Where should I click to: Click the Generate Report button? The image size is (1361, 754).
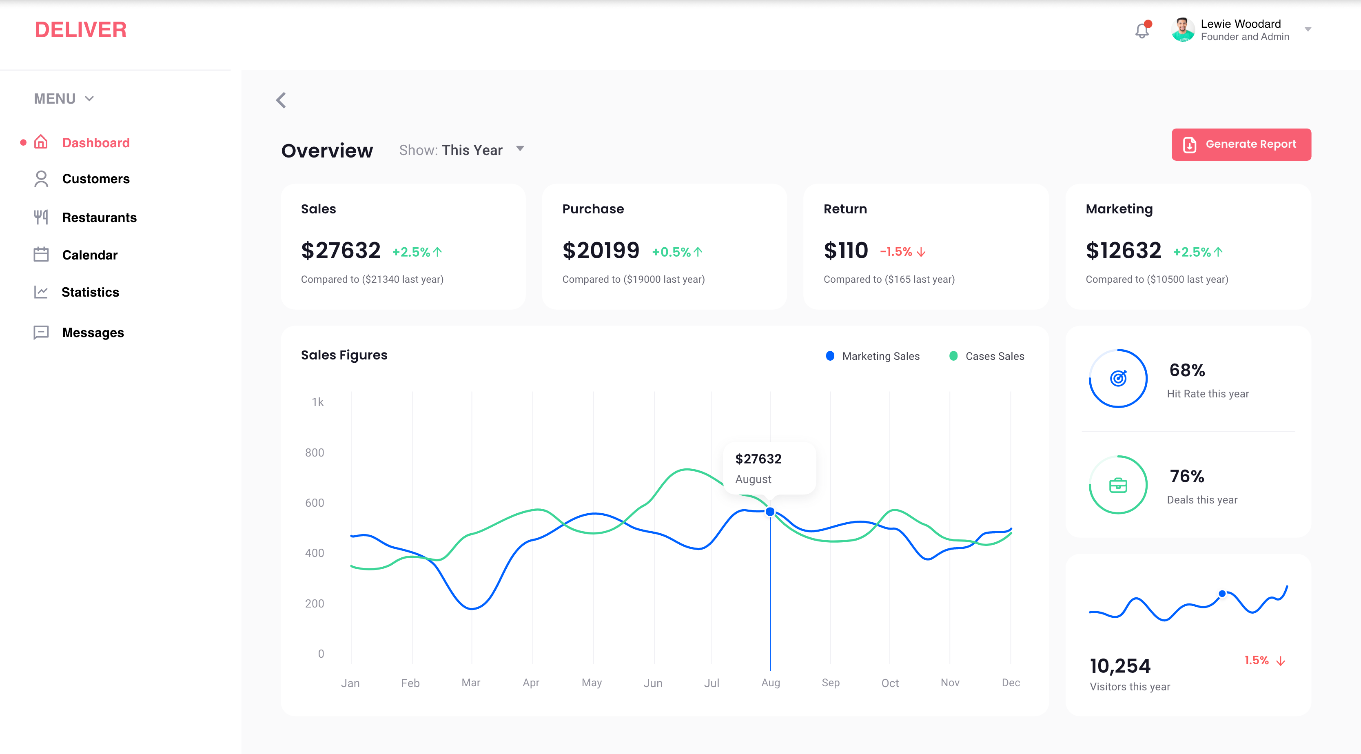[x=1241, y=144]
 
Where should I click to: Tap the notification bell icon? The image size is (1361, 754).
[x=1142, y=31]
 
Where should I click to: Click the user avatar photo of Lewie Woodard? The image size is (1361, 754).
[x=1182, y=30]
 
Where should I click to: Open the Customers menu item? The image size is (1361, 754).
[x=95, y=179]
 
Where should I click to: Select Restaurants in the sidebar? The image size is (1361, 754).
[x=99, y=218]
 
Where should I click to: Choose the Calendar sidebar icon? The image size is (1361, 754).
[x=41, y=255]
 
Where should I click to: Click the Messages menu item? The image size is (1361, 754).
[x=93, y=333]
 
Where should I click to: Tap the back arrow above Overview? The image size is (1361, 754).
[x=281, y=100]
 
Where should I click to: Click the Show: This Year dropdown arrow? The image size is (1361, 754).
[x=520, y=149]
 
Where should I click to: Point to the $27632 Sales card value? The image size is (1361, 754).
[x=341, y=251]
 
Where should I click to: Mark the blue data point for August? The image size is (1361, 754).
[x=770, y=512]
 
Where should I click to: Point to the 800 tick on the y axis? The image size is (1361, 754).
[x=315, y=452]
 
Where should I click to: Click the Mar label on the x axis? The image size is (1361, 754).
[x=471, y=683]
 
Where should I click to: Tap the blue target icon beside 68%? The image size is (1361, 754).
[x=1118, y=378]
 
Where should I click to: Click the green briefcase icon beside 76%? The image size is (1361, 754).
[x=1118, y=485]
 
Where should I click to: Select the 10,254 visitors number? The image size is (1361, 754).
[x=1120, y=666]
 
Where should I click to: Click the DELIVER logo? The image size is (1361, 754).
[x=81, y=30]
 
